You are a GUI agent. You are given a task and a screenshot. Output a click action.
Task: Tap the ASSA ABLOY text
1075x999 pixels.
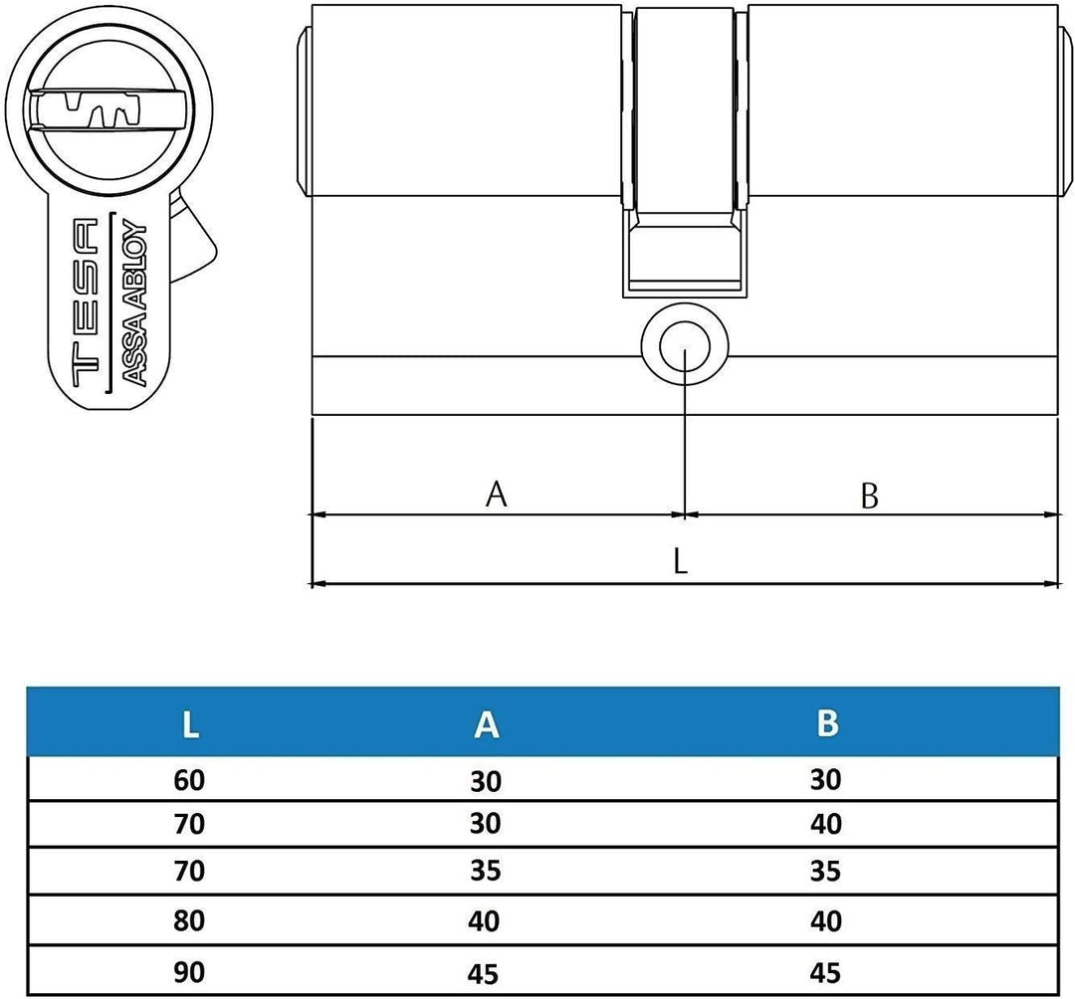pyautogui.click(x=134, y=302)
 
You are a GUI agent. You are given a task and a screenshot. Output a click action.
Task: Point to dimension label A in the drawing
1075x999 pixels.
pyautogui.click(x=496, y=494)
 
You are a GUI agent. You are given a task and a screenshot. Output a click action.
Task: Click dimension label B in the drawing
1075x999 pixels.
pyautogui.click(x=869, y=496)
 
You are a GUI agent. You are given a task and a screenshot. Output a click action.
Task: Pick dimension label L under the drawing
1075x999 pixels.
pyautogui.click(x=680, y=563)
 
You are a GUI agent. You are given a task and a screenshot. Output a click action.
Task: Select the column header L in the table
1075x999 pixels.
pyautogui.click(x=190, y=724)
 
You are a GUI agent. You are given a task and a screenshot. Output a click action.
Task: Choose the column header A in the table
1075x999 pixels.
pyautogui.click(x=485, y=724)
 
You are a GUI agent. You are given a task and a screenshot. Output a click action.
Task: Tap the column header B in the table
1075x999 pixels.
pyautogui.click(x=826, y=723)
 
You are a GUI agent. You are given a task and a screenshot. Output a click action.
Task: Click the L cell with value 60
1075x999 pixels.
pyautogui.click(x=188, y=780)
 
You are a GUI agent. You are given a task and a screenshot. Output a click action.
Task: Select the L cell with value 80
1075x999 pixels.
pyautogui.click(x=188, y=921)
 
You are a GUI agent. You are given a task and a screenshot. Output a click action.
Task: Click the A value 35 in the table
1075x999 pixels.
pyautogui.click(x=485, y=873)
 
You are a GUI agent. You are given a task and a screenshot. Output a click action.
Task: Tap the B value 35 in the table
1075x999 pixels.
pyautogui.click(x=826, y=873)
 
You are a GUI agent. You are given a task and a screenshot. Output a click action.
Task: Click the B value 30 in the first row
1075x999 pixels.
pyautogui.click(x=826, y=779)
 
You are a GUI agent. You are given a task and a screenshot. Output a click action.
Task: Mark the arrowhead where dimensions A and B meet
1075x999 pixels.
pyautogui.click(x=685, y=515)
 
